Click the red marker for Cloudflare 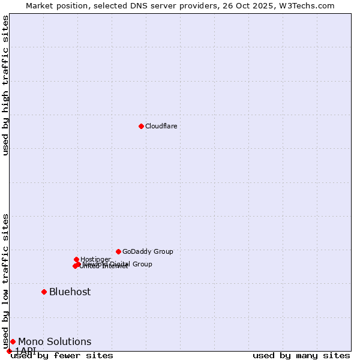tap(141, 126)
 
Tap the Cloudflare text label tap(161, 126)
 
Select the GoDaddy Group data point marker tap(118, 251)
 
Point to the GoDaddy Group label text tap(148, 251)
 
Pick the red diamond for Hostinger tap(76, 259)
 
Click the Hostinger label tap(95, 259)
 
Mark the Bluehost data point tap(44, 292)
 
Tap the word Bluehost tap(70, 292)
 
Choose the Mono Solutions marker tap(13, 341)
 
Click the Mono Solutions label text tap(55, 341)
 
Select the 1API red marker tap(9, 351)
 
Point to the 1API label tap(26, 350)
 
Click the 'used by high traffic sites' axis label tap(5, 85)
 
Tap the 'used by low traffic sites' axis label tap(5, 281)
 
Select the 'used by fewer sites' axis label tap(62, 356)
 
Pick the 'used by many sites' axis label tap(301, 356)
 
